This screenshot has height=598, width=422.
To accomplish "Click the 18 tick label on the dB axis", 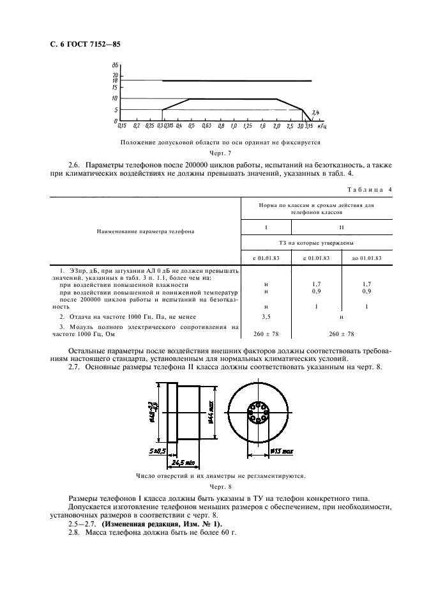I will point(114,80).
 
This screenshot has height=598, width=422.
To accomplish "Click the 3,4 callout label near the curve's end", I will point(316,113).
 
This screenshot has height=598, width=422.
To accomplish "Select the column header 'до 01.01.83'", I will point(366,258).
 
